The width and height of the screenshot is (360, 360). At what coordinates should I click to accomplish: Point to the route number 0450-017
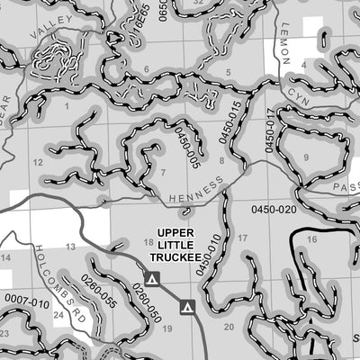point(268,129)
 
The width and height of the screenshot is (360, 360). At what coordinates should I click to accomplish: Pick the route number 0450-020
point(274,210)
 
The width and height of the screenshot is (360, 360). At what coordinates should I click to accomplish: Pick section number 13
point(70,247)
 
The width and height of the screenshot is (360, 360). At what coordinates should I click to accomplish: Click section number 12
point(38,162)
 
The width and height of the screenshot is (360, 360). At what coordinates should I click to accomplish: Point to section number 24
point(58,316)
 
